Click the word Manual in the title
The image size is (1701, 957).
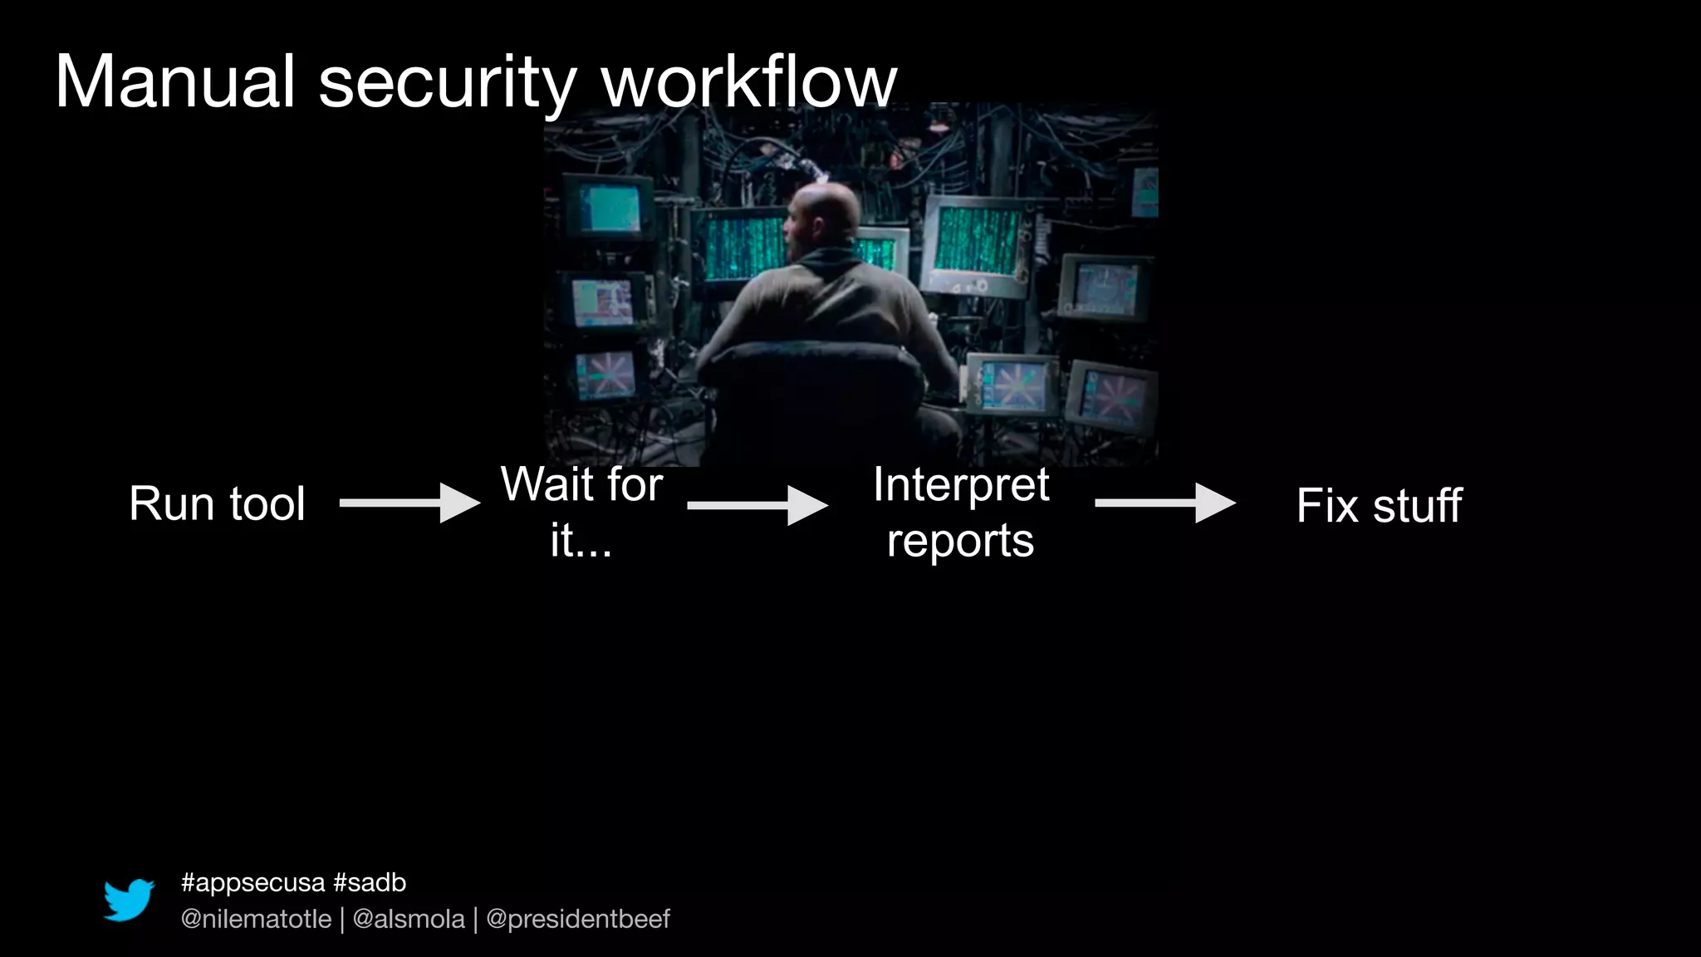pos(174,81)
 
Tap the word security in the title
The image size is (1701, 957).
pos(447,83)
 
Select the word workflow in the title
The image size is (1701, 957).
pos(748,81)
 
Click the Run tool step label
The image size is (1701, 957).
pos(217,503)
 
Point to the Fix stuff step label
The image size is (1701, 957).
pos(1379,505)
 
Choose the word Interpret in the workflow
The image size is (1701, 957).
pos(961,484)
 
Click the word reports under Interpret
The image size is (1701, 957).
pos(960,541)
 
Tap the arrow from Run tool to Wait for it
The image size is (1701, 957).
pos(409,503)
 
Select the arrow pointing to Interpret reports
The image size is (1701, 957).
pos(757,505)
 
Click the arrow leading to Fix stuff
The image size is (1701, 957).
pos(1165,503)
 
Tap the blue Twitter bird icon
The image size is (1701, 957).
pos(129,900)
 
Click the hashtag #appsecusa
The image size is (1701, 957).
pos(252,882)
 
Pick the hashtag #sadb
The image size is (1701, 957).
pos(370,882)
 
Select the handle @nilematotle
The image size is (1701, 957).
pos(256,919)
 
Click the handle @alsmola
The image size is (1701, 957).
pos(409,919)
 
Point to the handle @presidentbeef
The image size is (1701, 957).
pos(578,919)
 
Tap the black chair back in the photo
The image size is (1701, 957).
pos(814,390)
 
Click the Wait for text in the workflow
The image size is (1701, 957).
pos(581,484)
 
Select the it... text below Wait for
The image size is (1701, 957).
pos(581,541)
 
